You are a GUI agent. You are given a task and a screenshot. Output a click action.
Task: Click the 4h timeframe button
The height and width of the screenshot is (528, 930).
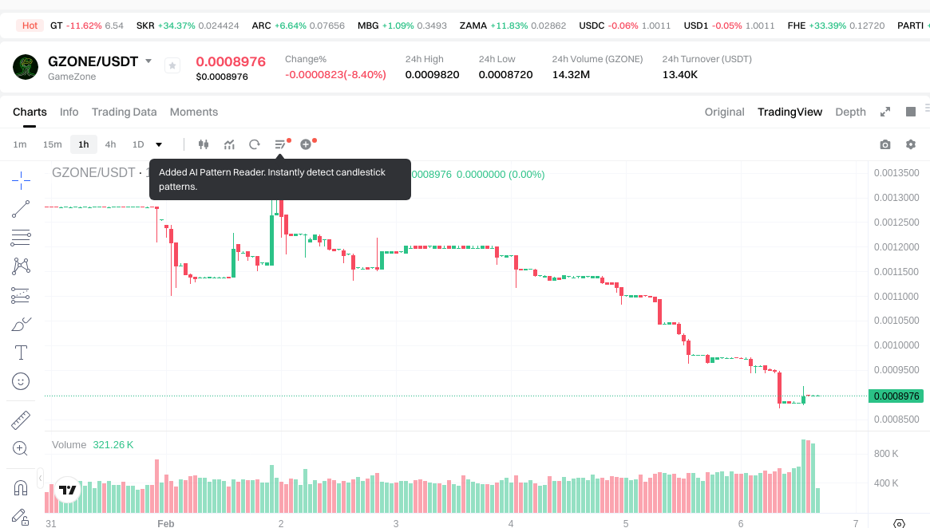pos(110,144)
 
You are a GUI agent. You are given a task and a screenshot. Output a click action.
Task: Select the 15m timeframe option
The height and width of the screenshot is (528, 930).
pos(52,144)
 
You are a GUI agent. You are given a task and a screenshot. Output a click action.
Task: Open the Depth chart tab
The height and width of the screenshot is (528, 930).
pos(850,112)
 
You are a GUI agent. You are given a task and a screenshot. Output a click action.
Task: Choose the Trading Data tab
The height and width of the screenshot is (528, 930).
pos(124,112)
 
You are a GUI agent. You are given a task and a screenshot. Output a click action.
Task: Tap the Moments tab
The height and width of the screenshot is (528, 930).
pos(194,112)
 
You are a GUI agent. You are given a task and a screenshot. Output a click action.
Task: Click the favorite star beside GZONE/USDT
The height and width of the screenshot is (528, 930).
pos(172,65)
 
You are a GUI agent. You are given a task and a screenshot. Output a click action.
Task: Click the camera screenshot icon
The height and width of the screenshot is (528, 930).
pos(884,144)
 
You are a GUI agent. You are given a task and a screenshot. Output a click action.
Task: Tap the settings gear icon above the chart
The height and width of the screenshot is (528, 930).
pos(910,144)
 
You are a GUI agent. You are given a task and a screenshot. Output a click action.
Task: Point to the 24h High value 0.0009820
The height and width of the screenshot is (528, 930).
pos(432,75)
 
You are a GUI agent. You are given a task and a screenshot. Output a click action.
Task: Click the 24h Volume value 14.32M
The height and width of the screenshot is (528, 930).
pos(571,75)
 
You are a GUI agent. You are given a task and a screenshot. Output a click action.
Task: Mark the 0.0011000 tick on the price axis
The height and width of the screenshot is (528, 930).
pos(896,297)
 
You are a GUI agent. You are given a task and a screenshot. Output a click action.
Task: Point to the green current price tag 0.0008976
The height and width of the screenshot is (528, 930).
pos(896,396)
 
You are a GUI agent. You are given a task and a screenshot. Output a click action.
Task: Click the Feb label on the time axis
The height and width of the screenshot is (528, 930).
pos(165,523)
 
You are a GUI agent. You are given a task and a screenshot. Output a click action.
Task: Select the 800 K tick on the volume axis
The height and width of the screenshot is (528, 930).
pos(886,454)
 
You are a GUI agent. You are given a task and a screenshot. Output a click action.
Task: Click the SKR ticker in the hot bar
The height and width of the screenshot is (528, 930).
pos(145,26)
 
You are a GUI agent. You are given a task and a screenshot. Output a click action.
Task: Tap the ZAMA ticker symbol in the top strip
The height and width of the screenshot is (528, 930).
pos(473,26)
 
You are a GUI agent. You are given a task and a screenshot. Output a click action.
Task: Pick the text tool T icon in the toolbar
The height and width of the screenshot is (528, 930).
pos(22,352)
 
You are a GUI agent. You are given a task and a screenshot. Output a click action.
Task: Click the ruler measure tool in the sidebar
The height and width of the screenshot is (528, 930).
pos(22,420)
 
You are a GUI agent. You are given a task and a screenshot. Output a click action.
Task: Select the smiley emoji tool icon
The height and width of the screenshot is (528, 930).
pos(22,381)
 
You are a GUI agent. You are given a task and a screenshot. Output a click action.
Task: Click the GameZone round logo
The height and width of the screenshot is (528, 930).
pos(26,67)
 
